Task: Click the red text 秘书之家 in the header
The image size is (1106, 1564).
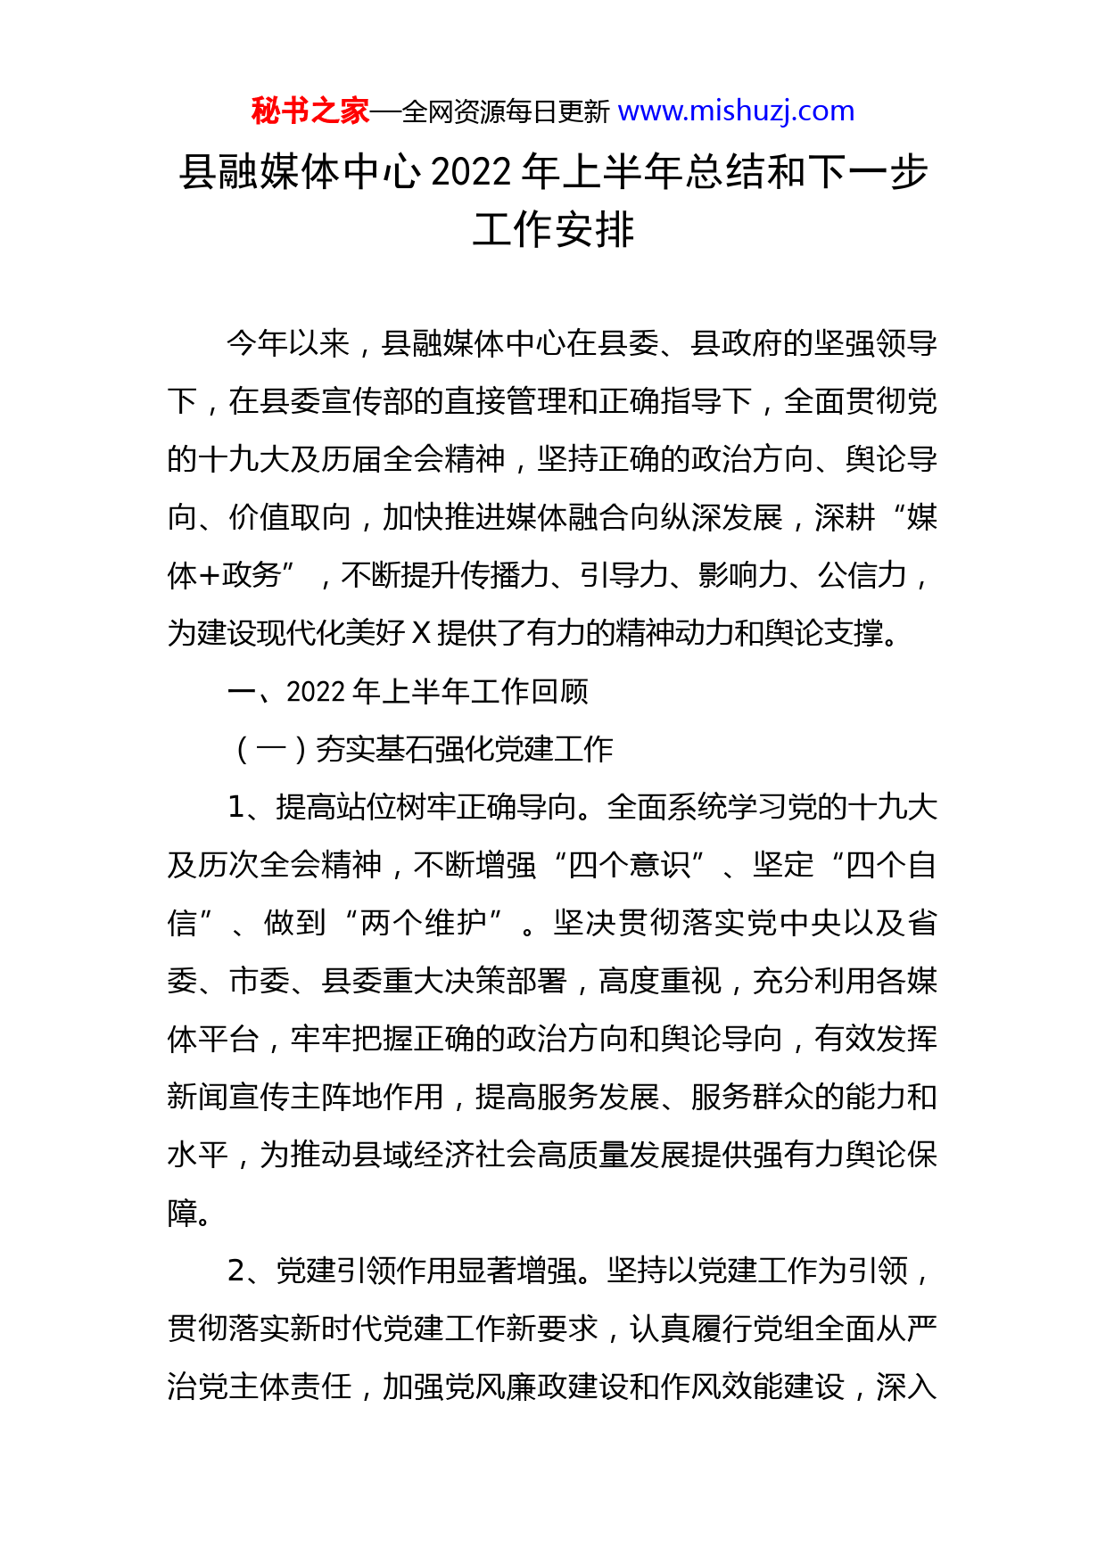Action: click(310, 111)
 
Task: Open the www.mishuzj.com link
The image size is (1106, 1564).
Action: click(736, 111)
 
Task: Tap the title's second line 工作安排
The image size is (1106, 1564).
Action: click(553, 229)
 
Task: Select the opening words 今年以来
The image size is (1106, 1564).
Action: click(287, 343)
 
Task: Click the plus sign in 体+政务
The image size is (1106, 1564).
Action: click(210, 575)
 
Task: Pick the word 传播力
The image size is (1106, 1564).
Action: click(505, 575)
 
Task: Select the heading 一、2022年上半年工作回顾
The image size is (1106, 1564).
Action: click(409, 691)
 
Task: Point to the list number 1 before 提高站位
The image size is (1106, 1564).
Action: click(236, 807)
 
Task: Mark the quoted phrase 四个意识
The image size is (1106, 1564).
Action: click(629, 865)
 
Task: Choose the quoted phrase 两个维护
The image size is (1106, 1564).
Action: click(423, 923)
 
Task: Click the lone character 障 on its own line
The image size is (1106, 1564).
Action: click(183, 1213)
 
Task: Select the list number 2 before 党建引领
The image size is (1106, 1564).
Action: click(236, 1271)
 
